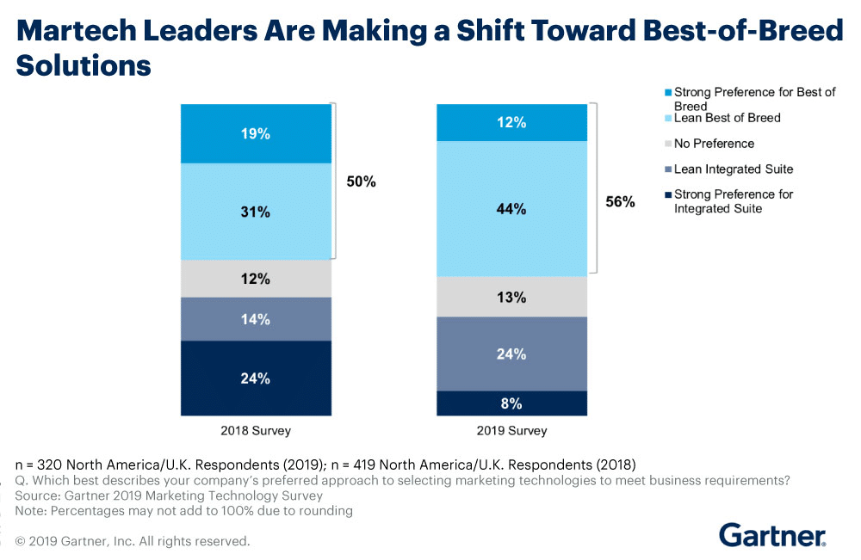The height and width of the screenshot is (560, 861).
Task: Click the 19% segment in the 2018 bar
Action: pyautogui.click(x=256, y=133)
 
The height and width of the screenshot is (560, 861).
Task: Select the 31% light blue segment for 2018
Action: pyautogui.click(x=256, y=212)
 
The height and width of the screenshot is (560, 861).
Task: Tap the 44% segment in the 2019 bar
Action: pyautogui.click(x=511, y=208)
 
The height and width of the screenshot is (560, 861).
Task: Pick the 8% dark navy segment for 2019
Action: pyautogui.click(x=511, y=403)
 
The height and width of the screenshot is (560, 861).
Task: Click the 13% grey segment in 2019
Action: pyautogui.click(x=511, y=297)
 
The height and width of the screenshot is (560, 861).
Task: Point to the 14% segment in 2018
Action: pyautogui.click(x=256, y=319)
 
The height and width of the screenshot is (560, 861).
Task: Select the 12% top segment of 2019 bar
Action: pyautogui.click(x=511, y=122)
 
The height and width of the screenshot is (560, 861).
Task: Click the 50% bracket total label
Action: pyautogui.click(x=362, y=182)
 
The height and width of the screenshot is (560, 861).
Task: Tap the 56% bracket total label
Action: pyautogui.click(x=620, y=202)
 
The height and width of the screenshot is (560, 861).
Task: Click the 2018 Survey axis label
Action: pyautogui.click(x=256, y=430)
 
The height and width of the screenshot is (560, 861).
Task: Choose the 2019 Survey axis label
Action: pyautogui.click(x=511, y=430)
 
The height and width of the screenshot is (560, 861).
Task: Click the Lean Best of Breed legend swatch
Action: pyautogui.click(x=666, y=117)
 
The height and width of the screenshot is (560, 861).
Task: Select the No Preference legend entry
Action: pyautogui.click(x=714, y=144)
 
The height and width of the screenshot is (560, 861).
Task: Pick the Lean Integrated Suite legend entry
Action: pyautogui.click(x=733, y=169)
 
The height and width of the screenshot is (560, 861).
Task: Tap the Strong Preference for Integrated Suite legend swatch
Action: pyautogui.click(x=666, y=194)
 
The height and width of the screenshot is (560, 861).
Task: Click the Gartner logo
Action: pyautogui.click(x=772, y=533)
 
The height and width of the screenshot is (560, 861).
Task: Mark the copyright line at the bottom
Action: pyautogui.click(x=133, y=541)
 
